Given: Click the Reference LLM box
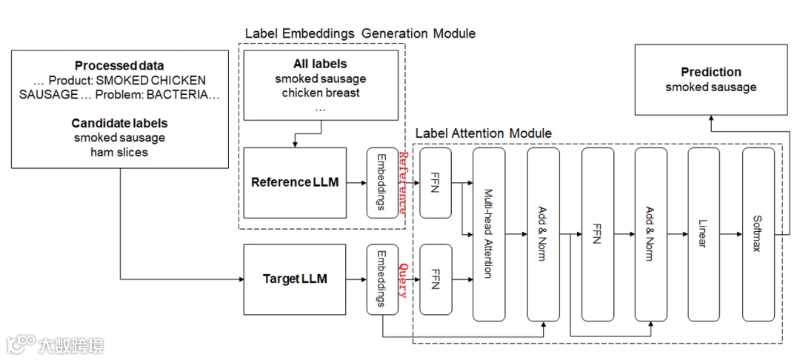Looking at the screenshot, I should tap(295, 182).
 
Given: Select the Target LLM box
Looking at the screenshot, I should tap(295, 279).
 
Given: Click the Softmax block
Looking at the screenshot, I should tap(758, 234).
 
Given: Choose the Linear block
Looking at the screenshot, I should tap(704, 234).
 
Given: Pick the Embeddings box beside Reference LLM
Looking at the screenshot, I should tap(381, 182).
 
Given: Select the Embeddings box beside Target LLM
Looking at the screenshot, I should tap(381, 279).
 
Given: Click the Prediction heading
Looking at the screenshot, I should tap(711, 72).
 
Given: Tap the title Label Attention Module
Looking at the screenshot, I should tap(483, 133).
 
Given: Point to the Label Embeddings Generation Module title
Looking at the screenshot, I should tap(360, 33).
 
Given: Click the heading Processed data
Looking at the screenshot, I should tap(119, 65).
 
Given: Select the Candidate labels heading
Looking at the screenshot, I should tap(119, 123).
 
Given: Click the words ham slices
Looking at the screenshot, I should tap(119, 153).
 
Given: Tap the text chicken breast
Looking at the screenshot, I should tap(321, 93).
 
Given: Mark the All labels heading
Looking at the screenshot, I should tap(320, 64).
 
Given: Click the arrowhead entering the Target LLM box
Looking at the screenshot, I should tap(241, 279).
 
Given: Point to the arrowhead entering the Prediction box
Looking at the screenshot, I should tap(711, 119).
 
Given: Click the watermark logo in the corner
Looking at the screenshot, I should tap(22, 344).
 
